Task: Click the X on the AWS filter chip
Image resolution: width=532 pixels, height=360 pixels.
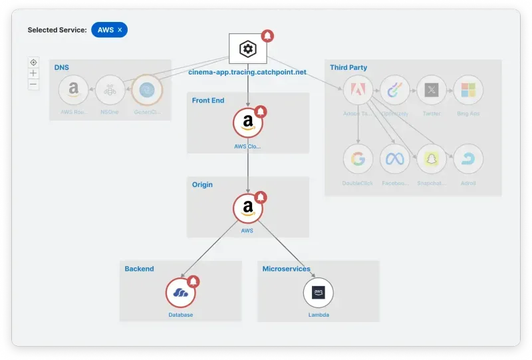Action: (x=120, y=30)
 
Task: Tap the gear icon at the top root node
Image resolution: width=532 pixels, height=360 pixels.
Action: (x=248, y=49)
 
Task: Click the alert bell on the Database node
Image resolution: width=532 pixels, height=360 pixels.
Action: (x=194, y=281)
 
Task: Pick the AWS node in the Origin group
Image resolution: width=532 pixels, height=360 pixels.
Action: (x=248, y=208)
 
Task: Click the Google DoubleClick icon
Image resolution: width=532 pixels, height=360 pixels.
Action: (x=358, y=159)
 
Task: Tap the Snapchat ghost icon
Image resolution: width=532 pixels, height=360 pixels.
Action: (x=432, y=159)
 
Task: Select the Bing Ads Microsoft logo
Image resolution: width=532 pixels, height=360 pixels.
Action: (x=468, y=90)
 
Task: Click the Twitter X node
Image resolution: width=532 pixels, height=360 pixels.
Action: (x=432, y=90)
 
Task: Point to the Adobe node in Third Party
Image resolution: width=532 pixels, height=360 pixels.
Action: (x=358, y=90)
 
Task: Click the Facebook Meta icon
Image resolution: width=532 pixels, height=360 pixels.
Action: (x=395, y=159)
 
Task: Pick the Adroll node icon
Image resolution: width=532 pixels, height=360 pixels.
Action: (x=468, y=159)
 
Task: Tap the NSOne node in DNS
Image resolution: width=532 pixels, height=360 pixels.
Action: (x=110, y=90)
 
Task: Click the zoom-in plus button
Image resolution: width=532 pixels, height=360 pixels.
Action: (x=33, y=73)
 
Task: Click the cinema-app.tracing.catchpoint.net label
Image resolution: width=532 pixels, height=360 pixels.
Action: (x=247, y=72)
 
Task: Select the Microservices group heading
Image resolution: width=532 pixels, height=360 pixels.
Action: (x=286, y=269)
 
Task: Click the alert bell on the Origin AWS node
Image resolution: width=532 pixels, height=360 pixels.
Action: (x=261, y=197)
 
